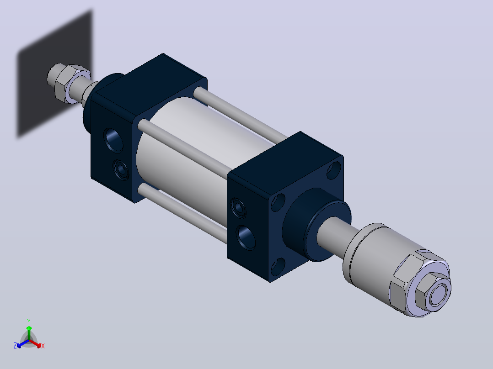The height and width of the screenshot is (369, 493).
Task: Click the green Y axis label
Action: [29, 321]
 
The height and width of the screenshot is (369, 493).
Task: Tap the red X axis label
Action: [43, 346]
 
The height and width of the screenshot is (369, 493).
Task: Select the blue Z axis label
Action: [15, 346]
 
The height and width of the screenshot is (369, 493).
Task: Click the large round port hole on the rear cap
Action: [113, 140]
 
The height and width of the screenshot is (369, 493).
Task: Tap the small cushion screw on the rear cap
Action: [121, 170]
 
